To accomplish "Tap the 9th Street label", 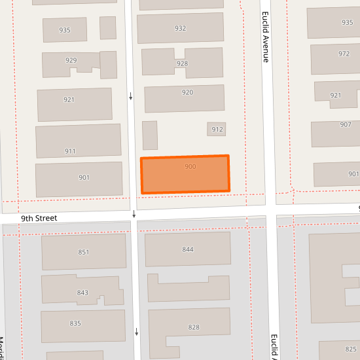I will tap(39, 218).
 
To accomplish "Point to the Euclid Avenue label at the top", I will tap(266, 37).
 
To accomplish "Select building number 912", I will tap(217, 129).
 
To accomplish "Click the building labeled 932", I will tap(180, 28).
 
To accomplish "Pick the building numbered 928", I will tap(182, 63).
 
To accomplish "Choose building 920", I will tap(187, 93).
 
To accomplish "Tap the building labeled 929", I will tap(71, 61).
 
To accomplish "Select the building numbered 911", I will tap(70, 151).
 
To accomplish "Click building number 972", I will tap(344, 54).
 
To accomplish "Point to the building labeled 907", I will tap(345, 125).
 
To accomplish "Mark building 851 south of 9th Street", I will tap(83, 252).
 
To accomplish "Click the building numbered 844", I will tap(188, 249).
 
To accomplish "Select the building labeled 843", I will tap(82, 292).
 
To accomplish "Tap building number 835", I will tap(75, 323).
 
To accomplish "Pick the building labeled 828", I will tap(194, 327).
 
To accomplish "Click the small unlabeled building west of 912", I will tap(150, 135).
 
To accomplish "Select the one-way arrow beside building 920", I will tap(131, 97).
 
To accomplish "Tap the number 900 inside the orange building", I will tap(190, 167).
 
